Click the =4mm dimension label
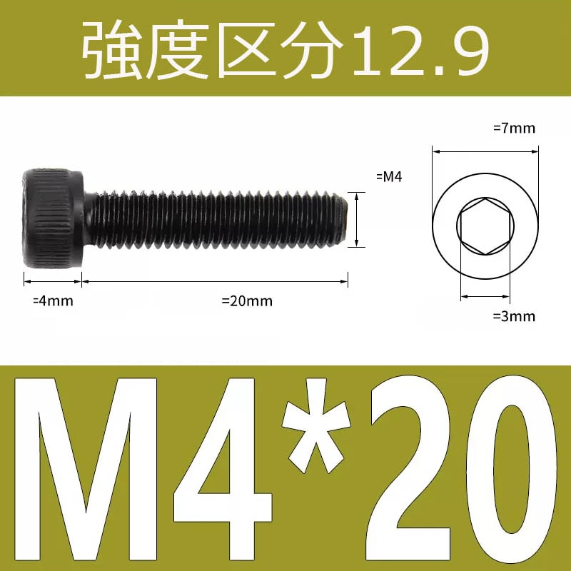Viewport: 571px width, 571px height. point(54,300)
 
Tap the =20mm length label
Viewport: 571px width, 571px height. point(247,300)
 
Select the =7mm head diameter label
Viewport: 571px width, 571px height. point(514,128)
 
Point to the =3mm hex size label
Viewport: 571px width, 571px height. point(514,316)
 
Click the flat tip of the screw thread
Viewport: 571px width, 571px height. point(345,221)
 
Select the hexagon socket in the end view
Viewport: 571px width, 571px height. point(485,226)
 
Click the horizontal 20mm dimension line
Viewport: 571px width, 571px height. point(215,283)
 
